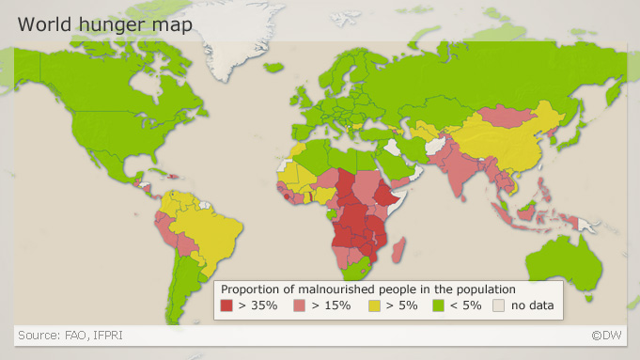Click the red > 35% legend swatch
(x=226, y=305)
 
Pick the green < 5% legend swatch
(x=438, y=305)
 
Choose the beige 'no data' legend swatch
(x=500, y=305)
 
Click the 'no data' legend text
(x=532, y=305)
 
